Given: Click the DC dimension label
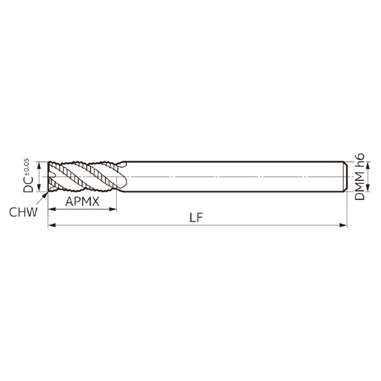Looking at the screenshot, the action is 28,184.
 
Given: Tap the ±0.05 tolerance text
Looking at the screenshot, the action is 27,167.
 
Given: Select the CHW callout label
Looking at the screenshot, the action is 23,212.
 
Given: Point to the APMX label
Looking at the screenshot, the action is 83,201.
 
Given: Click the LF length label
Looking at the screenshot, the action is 196,217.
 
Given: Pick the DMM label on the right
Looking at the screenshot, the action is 359,185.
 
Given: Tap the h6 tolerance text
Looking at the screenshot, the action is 359,161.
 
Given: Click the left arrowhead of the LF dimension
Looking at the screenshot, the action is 52,225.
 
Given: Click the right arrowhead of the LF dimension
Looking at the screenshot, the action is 343,225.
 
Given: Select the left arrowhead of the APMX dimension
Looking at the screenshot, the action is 52,209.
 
